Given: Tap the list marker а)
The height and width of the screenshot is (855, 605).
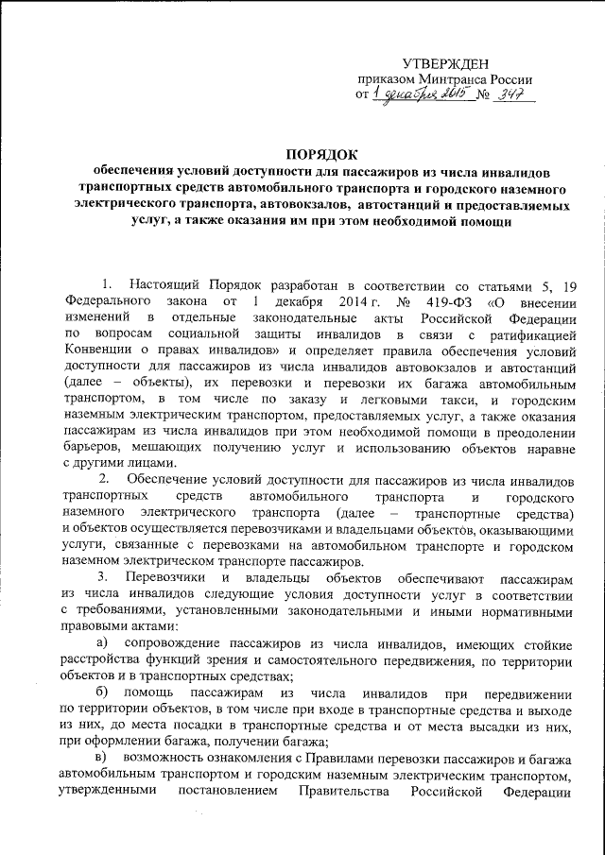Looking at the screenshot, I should (x=104, y=642).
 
